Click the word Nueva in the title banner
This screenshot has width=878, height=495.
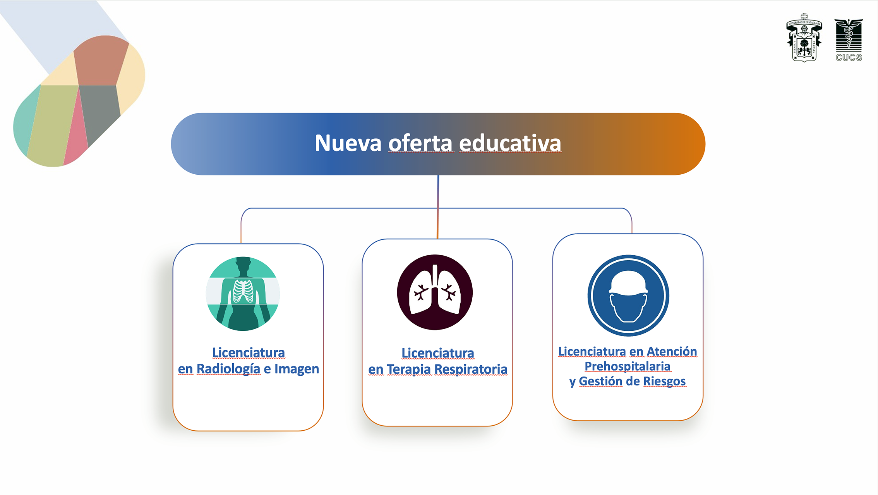348,143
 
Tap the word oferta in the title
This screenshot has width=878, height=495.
420,143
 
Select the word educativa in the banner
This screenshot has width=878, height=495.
510,143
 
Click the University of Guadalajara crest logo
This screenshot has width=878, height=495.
804,37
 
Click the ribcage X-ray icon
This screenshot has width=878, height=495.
243,294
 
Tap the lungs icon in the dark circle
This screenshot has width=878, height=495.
435,292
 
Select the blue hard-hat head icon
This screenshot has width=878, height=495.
628,296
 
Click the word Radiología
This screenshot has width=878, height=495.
228,369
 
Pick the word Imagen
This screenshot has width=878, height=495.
297,369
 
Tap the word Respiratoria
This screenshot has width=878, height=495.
471,370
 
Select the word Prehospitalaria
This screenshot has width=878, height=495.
628,366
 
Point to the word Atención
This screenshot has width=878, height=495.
672,351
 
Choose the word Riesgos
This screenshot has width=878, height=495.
665,382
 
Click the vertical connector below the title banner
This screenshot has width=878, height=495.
438,207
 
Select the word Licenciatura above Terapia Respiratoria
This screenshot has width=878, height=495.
438,353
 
